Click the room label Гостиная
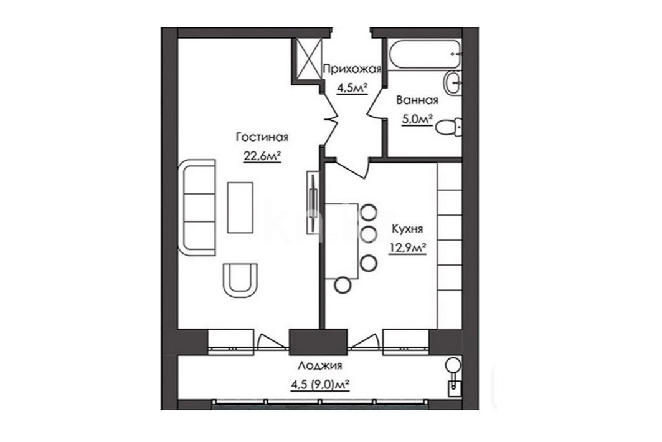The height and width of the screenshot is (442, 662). click(262, 137)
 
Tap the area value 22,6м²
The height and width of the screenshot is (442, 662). click(262, 156)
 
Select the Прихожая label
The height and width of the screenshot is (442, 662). click(352, 69)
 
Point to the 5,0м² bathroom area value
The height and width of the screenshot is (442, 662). click(417, 120)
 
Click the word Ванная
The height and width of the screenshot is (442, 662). click(417, 100)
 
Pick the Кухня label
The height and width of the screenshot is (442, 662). click(407, 229)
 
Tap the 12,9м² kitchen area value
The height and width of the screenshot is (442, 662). click(407, 248)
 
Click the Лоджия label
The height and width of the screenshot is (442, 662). click(319, 365)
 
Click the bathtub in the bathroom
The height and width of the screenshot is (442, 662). click(425, 54)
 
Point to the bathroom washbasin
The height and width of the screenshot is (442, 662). click(453, 82)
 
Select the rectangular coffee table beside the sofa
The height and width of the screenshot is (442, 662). click(240, 208)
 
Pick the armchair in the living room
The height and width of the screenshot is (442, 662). click(240, 280)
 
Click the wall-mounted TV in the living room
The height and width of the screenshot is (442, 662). click(313, 201)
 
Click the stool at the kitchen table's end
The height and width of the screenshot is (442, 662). click(343, 286)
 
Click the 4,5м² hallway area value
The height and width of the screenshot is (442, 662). click(352, 88)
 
